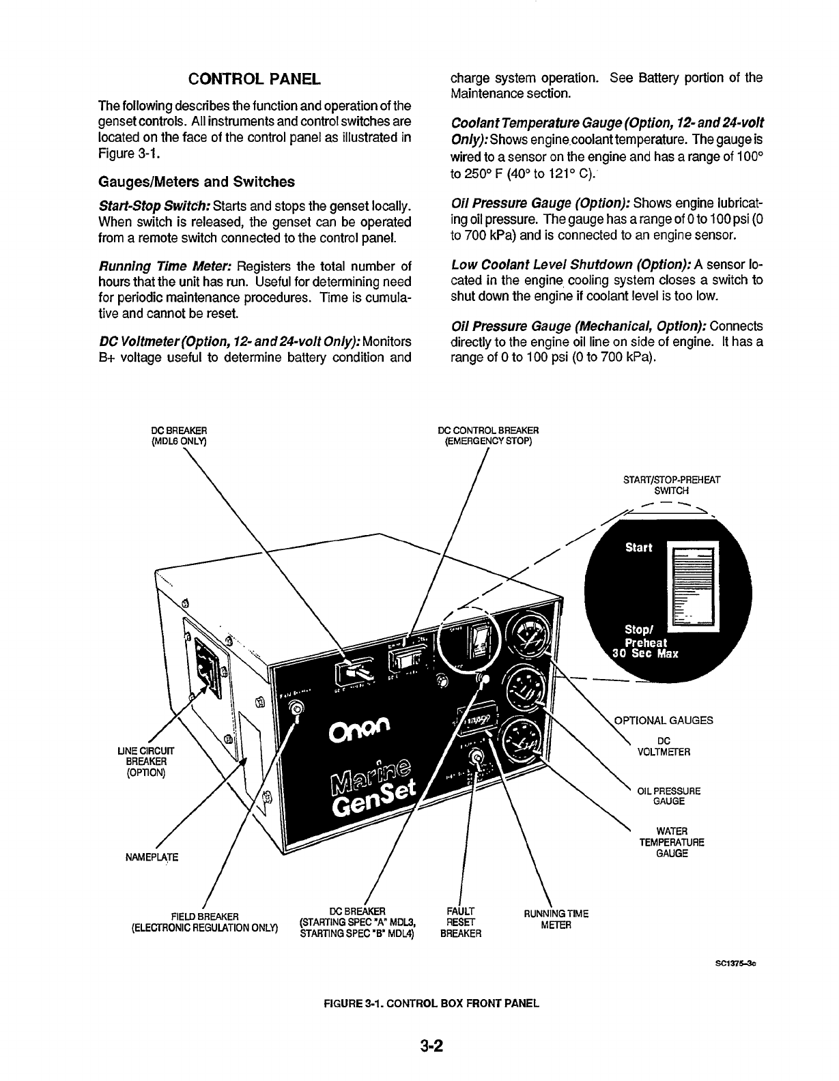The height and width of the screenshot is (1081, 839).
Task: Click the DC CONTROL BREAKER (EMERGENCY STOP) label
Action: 488,435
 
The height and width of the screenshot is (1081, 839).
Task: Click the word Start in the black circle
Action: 638,547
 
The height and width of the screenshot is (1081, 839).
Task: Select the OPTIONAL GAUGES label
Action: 664,720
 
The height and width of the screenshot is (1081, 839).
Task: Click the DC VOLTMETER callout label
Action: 664,747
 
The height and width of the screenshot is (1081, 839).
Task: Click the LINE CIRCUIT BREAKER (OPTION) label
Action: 145,762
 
